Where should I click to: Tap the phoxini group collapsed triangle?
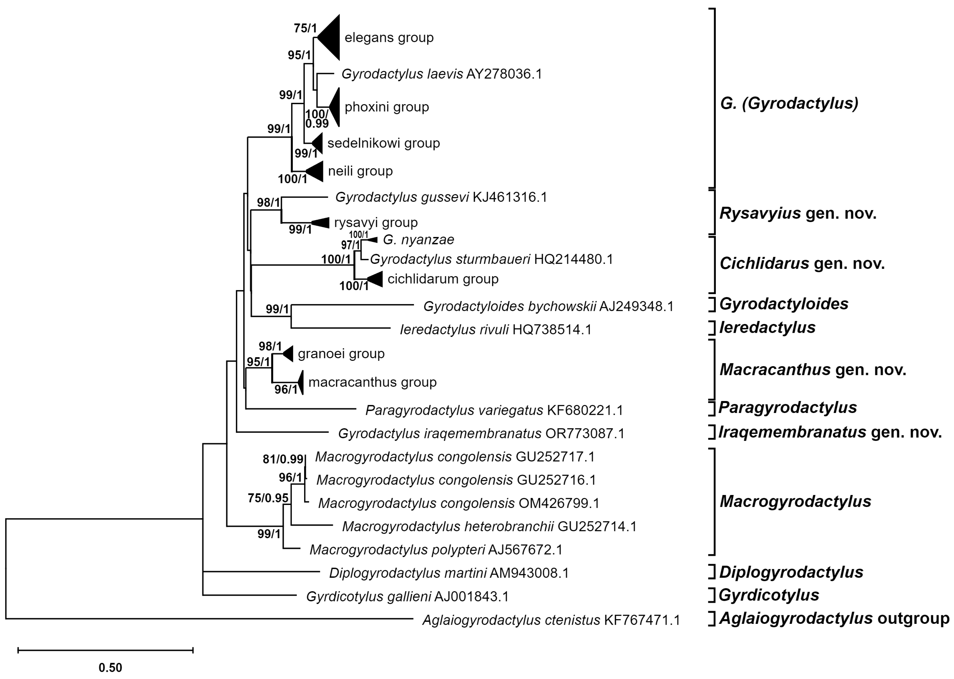click(335, 107)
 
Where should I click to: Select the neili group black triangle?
click(317, 171)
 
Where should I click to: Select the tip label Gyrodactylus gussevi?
click(402, 197)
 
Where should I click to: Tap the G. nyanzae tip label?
click(418, 239)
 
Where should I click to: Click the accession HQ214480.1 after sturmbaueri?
click(573, 259)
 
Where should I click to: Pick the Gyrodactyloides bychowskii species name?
click(509, 307)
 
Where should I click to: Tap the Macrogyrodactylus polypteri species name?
click(397, 549)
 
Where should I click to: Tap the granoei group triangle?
click(289, 354)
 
